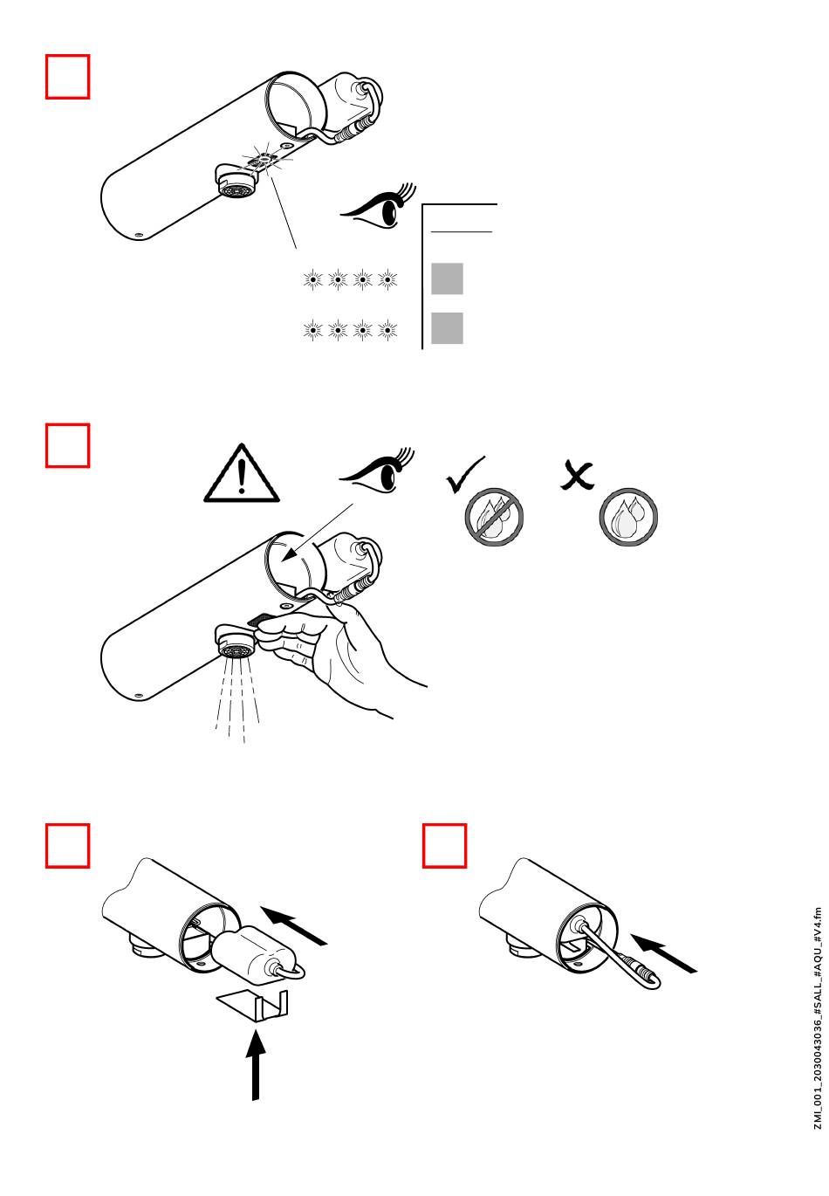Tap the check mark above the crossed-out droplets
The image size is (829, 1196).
click(x=463, y=475)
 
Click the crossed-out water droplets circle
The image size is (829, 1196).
click(x=494, y=516)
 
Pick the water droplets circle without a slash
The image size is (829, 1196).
click(x=628, y=516)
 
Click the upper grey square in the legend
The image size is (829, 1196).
click(x=447, y=278)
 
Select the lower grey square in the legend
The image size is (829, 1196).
click(x=447, y=328)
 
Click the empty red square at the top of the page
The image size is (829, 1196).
click(x=67, y=76)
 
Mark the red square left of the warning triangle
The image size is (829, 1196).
click(x=67, y=445)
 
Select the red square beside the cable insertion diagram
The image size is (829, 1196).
click(x=444, y=845)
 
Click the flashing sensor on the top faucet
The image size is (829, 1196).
click(x=264, y=159)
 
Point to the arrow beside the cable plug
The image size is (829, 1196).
click(x=663, y=953)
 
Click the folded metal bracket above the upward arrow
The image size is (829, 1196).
click(x=253, y=1005)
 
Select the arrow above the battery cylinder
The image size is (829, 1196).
click(x=293, y=926)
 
